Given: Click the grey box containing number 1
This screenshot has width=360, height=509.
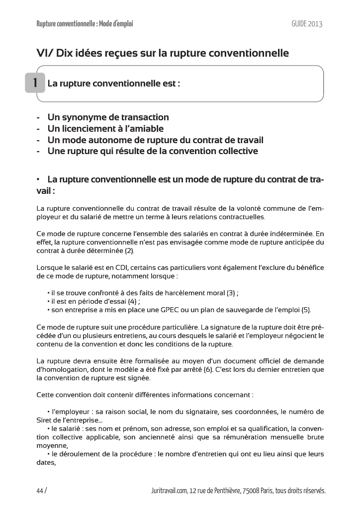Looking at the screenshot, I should click(x=35, y=83).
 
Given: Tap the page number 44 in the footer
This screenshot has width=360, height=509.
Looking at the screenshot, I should click(x=40, y=491).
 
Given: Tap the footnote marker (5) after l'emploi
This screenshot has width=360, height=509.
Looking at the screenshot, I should click(x=306, y=310).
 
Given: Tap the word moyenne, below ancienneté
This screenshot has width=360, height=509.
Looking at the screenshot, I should click(x=52, y=445).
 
